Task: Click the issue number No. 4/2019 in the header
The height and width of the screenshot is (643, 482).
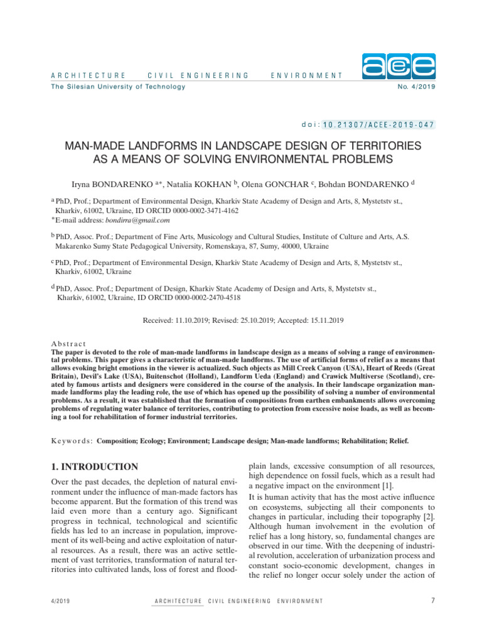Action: pos(416,86)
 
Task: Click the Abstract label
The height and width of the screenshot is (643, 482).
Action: pos(68,344)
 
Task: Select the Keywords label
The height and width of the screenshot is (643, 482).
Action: pos(71,441)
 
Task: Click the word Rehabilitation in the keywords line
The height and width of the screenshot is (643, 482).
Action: pos(362,441)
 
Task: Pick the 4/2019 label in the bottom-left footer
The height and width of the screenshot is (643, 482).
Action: pos(60,602)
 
